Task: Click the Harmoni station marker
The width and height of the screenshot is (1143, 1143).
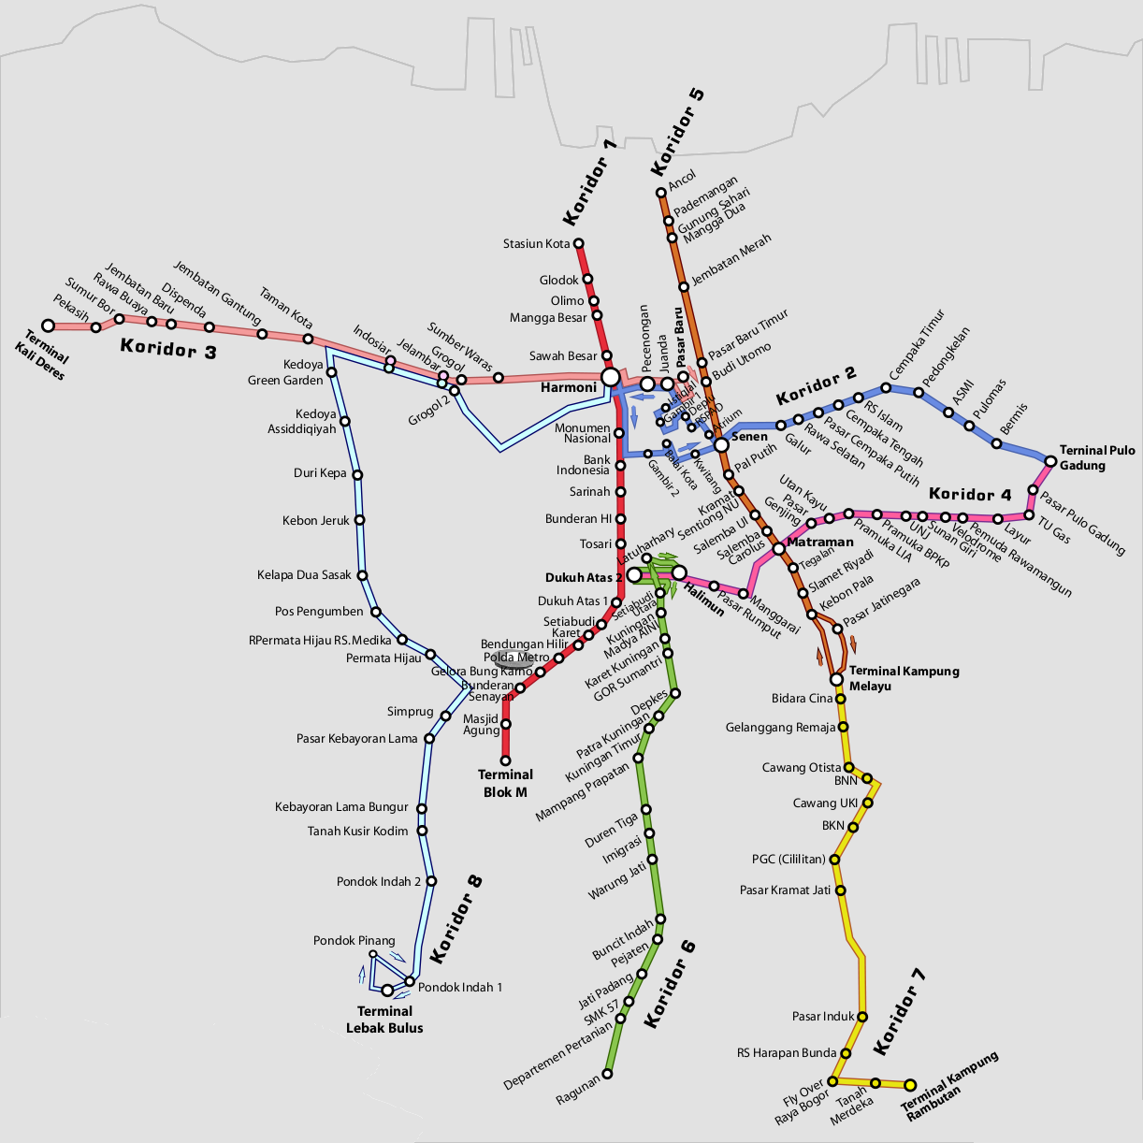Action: click(610, 377)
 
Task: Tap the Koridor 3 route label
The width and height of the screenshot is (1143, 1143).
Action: click(168, 349)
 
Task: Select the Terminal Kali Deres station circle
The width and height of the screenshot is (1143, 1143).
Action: click(49, 326)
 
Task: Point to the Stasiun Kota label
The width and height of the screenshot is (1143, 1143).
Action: click(536, 244)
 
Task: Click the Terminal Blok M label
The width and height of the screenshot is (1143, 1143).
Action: click(505, 784)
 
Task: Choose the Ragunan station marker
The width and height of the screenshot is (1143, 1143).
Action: click(607, 1074)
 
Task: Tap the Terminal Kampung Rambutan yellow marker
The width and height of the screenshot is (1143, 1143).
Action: click(909, 1085)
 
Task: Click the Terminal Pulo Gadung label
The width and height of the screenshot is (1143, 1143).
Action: click(1096, 457)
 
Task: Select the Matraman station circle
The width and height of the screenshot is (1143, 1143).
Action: click(778, 548)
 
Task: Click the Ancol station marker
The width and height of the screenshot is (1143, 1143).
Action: click(660, 193)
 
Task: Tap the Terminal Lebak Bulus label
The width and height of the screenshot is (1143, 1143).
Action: click(384, 1020)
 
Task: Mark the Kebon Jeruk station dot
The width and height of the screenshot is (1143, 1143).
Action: click(359, 520)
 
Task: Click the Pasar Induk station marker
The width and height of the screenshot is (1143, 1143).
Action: click(862, 1017)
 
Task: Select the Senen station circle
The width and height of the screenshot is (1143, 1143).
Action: click(721, 444)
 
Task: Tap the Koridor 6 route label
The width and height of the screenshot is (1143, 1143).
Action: click(670, 985)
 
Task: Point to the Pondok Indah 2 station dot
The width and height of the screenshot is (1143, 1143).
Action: click(431, 881)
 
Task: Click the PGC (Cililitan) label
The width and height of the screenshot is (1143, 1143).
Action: click(789, 859)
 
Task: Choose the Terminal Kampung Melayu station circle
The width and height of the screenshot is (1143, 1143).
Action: click(837, 679)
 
